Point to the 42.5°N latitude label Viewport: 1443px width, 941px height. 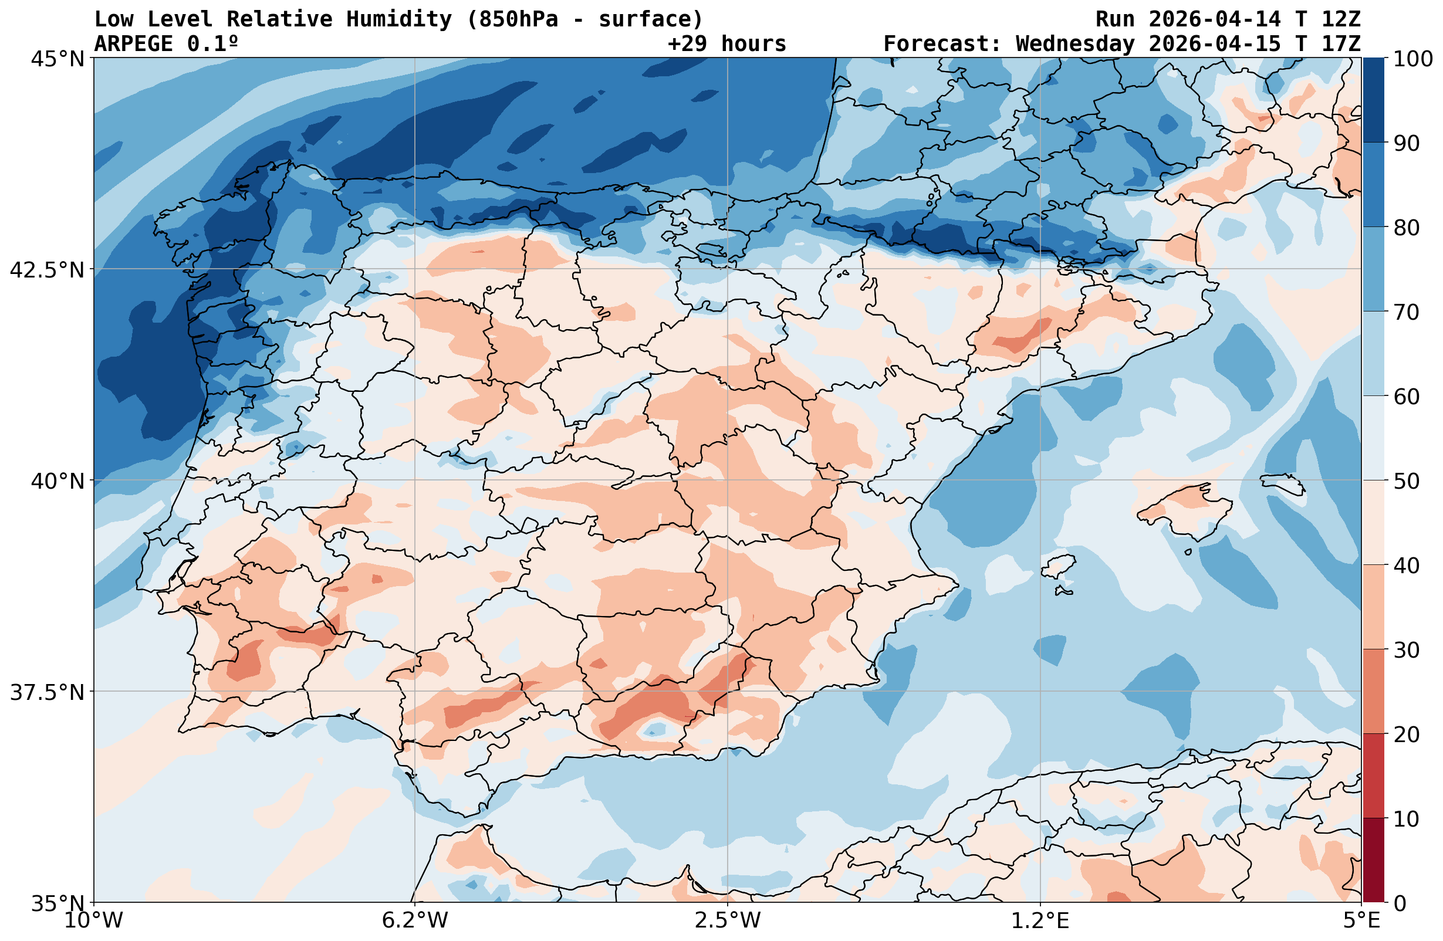pos(47,269)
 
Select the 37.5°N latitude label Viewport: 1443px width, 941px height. pos(47,692)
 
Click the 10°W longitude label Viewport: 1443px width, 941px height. pos(94,920)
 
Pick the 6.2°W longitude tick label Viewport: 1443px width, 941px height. pos(415,920)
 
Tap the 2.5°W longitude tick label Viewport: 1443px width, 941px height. pos(728,920)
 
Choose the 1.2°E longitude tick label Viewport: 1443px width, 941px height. pos(1040,920)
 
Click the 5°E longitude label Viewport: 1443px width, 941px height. pos(1362,920)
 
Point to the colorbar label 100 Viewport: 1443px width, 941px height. pos(1412,59)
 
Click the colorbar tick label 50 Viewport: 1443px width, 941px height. pos(1407,481)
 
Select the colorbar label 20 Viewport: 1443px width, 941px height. pos(1407,734)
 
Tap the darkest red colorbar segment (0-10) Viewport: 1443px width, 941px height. pos(1373,860)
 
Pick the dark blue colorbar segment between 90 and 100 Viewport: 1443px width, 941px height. pos(1373,100)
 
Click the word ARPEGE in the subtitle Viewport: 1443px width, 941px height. pos(134,43)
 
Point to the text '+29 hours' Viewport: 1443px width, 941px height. pos(727,43)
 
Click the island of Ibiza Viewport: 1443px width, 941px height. pos(1059,567)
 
